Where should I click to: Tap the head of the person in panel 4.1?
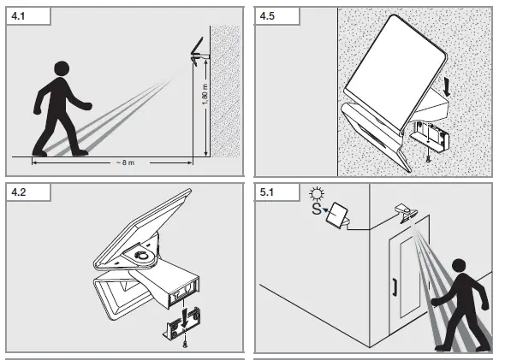point(61,70)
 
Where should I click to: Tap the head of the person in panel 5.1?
point(460,267)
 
